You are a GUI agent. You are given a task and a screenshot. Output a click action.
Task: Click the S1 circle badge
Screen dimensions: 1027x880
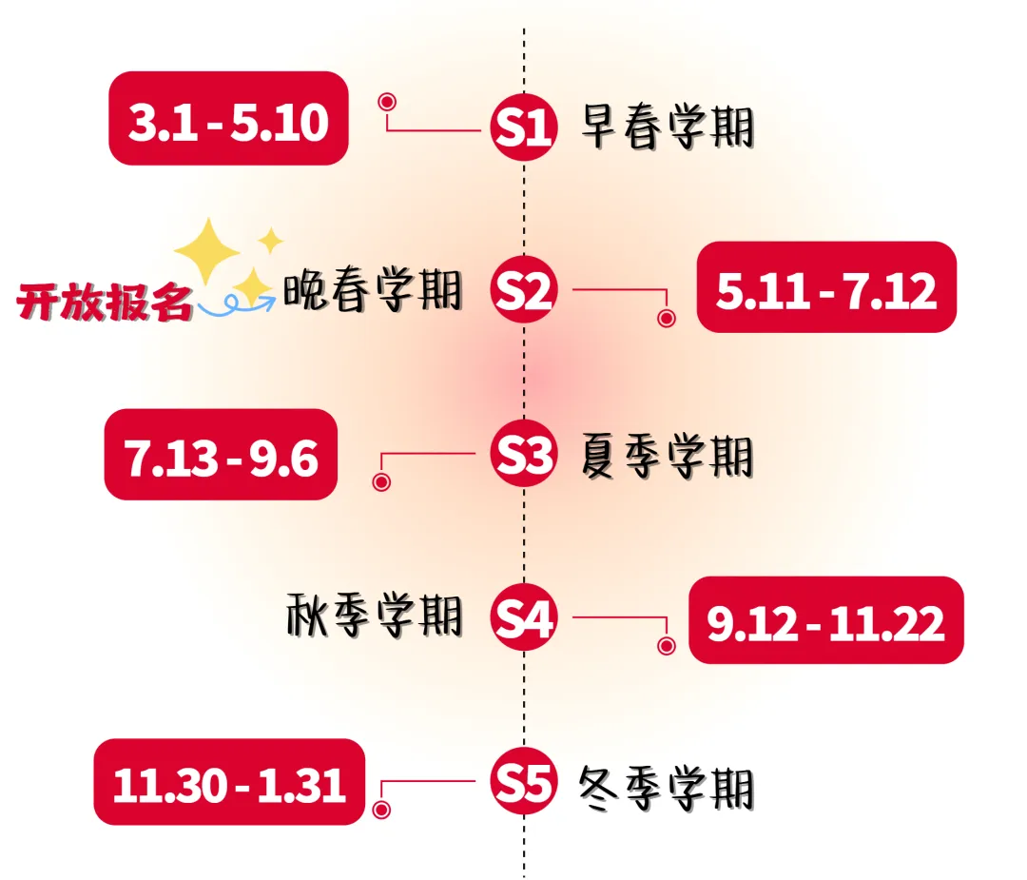coord(523,128)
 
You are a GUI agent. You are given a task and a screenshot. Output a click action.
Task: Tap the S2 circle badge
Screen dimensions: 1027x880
coord(523,292)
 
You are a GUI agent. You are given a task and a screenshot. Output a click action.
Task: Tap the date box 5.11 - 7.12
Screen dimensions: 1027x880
coord(826,287)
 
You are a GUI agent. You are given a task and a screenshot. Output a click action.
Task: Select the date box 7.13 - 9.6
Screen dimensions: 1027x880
coord(221,455)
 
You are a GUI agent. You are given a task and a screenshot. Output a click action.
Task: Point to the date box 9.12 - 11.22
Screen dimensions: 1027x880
coord(825,620)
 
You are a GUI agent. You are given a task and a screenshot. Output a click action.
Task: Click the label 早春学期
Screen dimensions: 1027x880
coord(667,127)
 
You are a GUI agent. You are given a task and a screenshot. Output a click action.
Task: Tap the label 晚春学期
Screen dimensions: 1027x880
coord(373,290)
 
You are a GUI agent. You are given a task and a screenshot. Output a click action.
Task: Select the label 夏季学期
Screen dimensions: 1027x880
coord(667,456)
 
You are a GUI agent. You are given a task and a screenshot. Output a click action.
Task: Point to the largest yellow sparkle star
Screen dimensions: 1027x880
coord(207,249)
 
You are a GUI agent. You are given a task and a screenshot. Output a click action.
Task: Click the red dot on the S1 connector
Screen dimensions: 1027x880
coord(386,102)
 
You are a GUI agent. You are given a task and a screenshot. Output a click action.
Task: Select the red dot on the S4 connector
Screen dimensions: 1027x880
coord(667,646)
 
